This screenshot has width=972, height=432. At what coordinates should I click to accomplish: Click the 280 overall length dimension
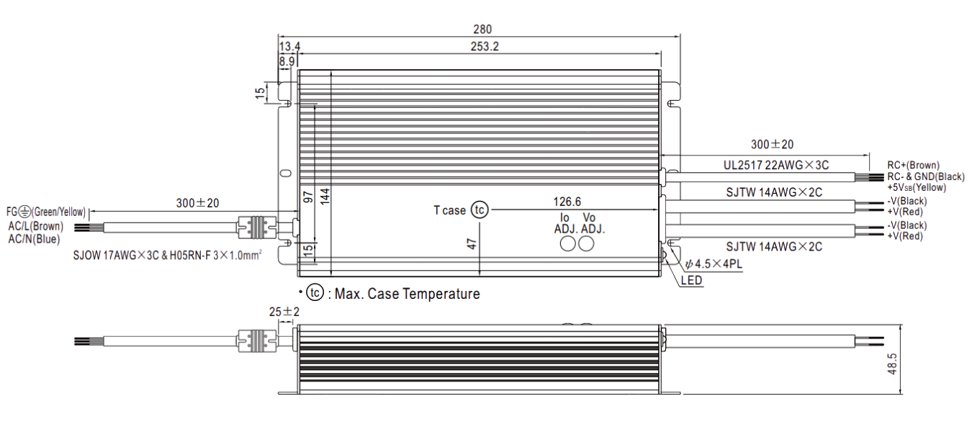pos(482,29)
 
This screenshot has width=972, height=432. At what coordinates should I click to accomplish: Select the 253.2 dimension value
pos(485,46)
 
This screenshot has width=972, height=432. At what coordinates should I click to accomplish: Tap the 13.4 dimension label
pos(289,46)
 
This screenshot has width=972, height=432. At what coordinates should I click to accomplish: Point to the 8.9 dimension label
pos(287,62)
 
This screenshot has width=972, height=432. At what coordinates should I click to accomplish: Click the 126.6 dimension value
pos(567,202)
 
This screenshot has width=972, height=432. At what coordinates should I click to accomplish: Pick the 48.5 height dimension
pos(892,364)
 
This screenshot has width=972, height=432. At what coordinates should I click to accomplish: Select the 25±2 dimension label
pos(284,312)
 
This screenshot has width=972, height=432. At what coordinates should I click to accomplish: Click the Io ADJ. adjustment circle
pos(567,244)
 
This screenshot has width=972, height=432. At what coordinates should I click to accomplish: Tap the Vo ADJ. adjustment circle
pos(586,244)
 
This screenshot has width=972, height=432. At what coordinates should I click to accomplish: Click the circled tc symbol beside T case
pos(480,210)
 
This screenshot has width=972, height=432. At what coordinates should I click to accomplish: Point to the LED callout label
pos(691,280)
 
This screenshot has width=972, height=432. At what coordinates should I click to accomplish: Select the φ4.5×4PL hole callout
pos(714,264)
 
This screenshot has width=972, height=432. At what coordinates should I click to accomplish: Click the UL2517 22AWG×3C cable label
pos(776,166)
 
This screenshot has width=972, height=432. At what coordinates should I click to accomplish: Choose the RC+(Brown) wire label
pos(913,166)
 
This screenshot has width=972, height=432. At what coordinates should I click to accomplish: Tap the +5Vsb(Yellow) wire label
pos(917,187)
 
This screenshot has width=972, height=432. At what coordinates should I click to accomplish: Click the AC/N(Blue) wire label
pos(34,239)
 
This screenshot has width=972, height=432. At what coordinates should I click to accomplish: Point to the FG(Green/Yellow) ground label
pos(46,212)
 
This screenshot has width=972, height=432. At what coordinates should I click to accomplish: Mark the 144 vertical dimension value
pos(325,196)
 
